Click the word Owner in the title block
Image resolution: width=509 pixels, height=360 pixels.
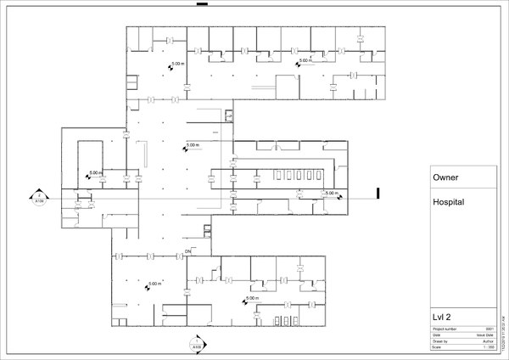pyautogui.click(x=446, y=180)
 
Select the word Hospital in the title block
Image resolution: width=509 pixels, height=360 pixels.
pyautogui.click(x=450, y=204)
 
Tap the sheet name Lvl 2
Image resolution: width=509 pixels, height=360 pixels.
pyautogui.click(x=442, y=317)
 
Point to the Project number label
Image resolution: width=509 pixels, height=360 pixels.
pyautogui.click(x=445, y=328)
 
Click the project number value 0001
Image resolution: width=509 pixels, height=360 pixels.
pyautogui.click(x=489, y=328)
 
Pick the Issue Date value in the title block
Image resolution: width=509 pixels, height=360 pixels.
pyautogui.click(x=486, y=335)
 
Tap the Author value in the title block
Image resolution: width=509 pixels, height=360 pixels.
pyautogui.click(x=488, y=340)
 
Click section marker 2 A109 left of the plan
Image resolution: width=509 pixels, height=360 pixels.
pyautogui.click(x=39, y=200)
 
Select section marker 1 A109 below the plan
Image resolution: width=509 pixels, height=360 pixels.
pyautogui.click(x=197, y=344)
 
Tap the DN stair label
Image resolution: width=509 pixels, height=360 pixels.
pyautogui.click(x=189, y=252)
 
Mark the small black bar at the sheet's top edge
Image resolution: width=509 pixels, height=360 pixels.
pyautogui.click(x=202, y=4)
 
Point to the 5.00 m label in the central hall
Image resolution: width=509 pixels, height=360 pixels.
pyautogui.click(x=193, y=145)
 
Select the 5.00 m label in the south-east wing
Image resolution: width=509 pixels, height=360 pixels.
pyautogui.click(x=252, y=298)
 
